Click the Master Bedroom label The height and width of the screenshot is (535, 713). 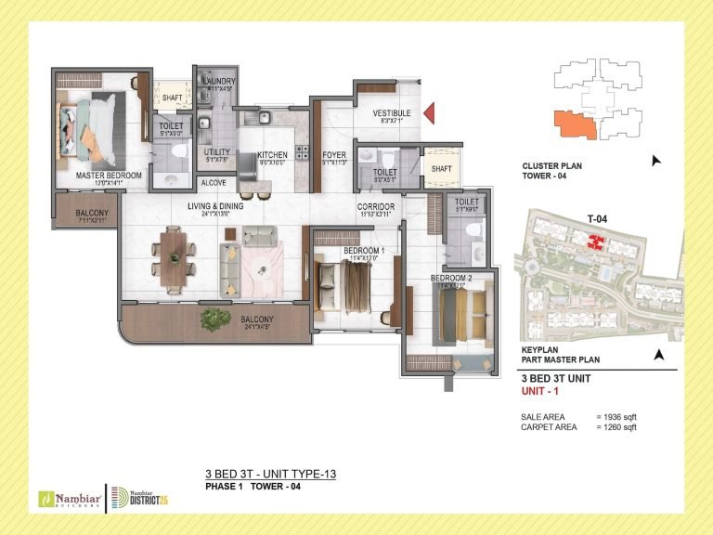coord(110,175)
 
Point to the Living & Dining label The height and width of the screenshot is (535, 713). coord(214,206)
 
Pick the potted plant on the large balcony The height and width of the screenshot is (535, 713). coord(216,319)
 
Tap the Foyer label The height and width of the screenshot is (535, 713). coord(334,155)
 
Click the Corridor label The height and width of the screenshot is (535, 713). coord(377,206)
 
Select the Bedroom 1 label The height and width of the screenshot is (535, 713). coord(357,252)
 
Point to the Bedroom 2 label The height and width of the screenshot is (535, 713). coord(451,278)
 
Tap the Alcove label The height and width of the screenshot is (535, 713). coord(214,183)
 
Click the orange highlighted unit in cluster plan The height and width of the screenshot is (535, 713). coord(573,123)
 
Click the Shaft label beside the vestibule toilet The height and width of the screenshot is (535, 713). coord(441,167)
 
